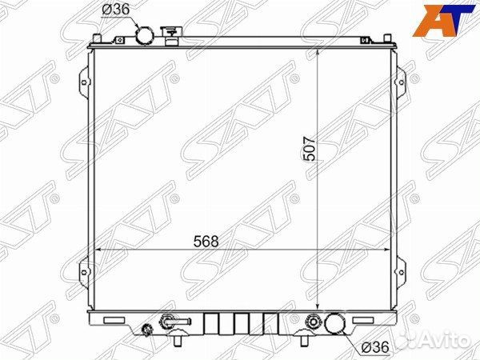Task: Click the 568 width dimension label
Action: [x=206, y=242]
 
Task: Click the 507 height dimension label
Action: [x=309, y=149]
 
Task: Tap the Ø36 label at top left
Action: [x=116, y=10]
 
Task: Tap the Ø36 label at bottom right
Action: [x=375, y=347]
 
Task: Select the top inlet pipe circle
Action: [x=145, y=36]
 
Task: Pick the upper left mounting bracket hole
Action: [x=84, y=82]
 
